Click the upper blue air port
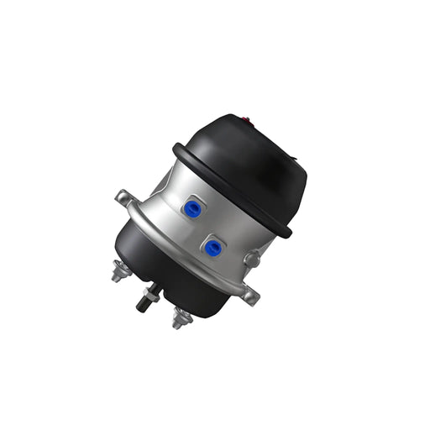(x=194, y=209)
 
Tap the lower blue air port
(x=213, y=247)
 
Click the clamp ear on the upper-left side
(x=123, y=199)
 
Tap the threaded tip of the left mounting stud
(x=114, y=276)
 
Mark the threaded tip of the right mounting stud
(x=179, y=323)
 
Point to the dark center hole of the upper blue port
(x=194, y=209)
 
